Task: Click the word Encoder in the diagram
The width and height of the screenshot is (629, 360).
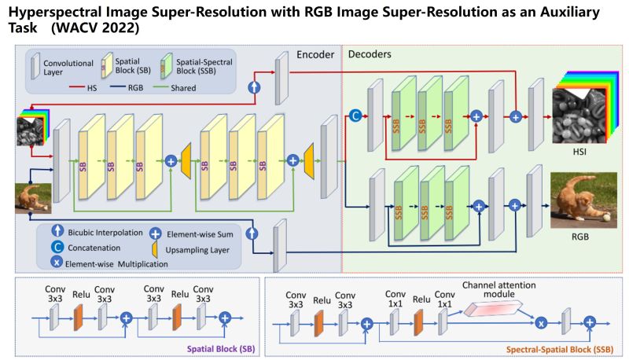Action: [x=315, y=54]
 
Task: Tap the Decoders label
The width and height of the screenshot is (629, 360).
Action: [x=370, y=54]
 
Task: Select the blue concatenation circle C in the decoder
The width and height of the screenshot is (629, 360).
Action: [x=355, y=116]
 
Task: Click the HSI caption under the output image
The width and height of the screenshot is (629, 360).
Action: [x=579, y=152]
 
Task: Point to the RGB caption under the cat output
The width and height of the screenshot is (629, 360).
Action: [x=580, y=237]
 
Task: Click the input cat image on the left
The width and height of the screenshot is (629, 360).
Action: [x=33, y=198]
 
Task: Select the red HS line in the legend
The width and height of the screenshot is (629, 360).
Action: [x=77, y=86]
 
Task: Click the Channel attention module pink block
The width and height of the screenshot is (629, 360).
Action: [x=493, y=308]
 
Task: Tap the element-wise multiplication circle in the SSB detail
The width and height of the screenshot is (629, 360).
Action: [x=541, y=322]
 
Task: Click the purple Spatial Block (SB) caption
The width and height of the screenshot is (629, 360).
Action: [x=221, y=349]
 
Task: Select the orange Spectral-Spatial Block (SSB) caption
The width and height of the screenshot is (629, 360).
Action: [x=560, y=350]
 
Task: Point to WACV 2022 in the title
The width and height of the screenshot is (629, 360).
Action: [x=95, y=28]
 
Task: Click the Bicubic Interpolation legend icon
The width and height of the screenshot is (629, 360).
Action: [x=57, y=230]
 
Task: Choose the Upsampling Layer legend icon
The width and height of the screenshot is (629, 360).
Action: [x=154, y=249]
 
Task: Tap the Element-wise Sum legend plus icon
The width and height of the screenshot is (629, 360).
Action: [x=155, y=233]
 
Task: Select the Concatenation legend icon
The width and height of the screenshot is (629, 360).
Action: [x=57, y=247]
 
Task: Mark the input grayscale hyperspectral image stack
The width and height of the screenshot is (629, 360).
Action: [x=32, y=127]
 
